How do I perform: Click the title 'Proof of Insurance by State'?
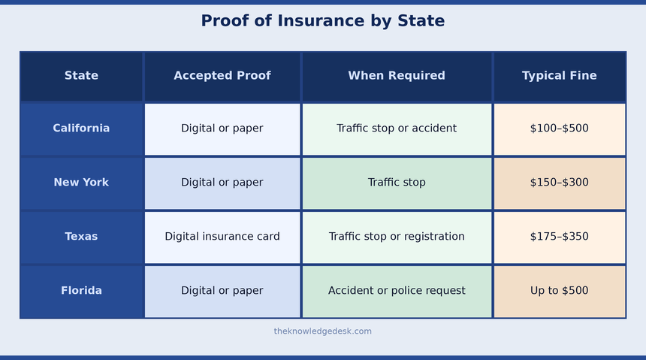[322, 20]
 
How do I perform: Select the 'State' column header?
[81, 75]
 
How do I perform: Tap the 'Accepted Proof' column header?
[222, 75]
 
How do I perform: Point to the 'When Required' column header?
[397, 75]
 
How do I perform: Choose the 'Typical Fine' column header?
[559, 75]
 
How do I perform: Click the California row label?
[81, 129]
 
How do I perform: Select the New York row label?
[81, 183]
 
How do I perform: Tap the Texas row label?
[81, 236]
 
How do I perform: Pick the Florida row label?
[81, 290]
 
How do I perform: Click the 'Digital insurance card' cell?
[222, 236]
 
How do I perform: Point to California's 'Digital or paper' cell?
[222, 129]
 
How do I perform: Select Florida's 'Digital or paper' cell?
[222, 290]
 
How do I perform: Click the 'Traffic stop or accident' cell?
[397, 129]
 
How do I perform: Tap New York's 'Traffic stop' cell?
[397, 183]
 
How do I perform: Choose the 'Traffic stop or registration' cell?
[397, 236]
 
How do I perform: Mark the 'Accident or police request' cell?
[397, 290]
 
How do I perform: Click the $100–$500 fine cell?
[559, 129]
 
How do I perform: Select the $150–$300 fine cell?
[559, 183]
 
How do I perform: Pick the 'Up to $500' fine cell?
[559, 290]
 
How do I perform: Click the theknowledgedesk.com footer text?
[322, 331]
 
